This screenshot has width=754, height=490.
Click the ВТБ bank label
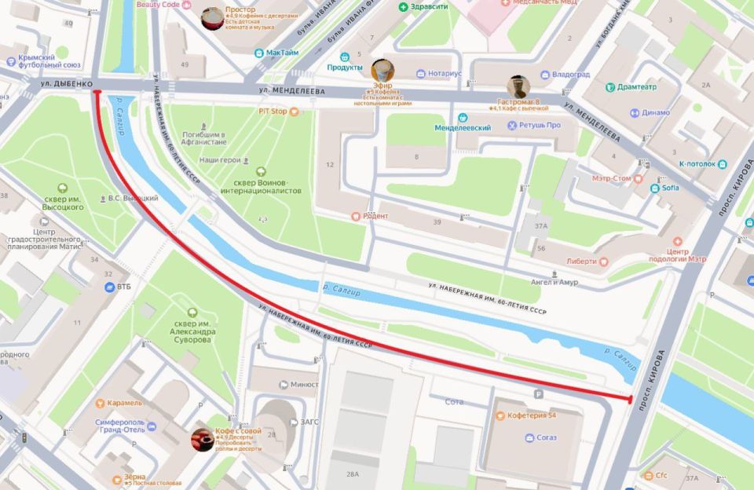123,287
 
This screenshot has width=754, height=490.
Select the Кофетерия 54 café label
531,415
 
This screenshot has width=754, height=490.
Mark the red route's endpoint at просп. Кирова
631,400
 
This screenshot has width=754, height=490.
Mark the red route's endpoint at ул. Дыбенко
97,91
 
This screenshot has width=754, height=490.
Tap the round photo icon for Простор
212,18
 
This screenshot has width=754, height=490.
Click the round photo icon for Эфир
382,70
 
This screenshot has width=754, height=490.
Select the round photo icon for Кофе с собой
203,440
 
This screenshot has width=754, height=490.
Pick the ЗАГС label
309,422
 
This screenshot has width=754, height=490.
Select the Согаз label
547,437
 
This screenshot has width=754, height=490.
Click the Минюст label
304,384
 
